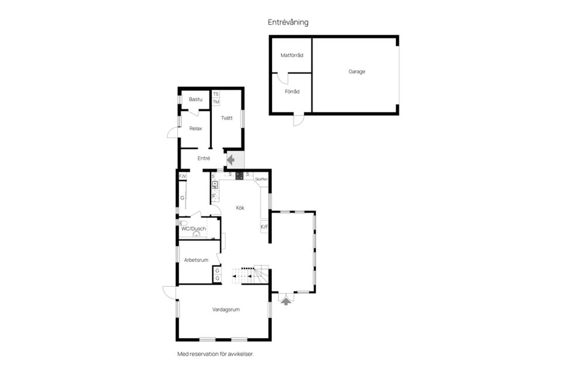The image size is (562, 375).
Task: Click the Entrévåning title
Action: pyautogui.click(x=288, y=22)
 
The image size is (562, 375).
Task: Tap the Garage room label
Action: pyautogui.click(x=357, y=71)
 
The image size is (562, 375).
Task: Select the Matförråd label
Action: pyautogui.click(x=292, y=56)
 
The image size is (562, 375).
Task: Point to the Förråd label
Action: pyautogui.click(x=292, y=91)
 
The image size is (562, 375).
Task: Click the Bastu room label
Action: pyautogui.click(x=196, y=100)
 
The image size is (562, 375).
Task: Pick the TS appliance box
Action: pyautogui.click(x=216, y=94)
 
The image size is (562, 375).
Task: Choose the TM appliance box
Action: pyautogui.click(x=216, y=102)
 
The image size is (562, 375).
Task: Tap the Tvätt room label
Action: pyautogui.click(x=227, y=118)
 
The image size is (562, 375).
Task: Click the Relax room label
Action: pyautogui.click(x=196, y=128)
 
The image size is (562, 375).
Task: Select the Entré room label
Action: pyautogui.click(x=204, y=158)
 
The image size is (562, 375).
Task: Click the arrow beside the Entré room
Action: pyautogui.click(x=230, y=159)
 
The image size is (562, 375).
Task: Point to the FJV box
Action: pyautogui.click(x=182, y=176)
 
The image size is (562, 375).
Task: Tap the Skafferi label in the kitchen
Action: pyautogui.click(x=261, y=179)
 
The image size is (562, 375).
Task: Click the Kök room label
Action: pyautogui.click(x=240, y=207)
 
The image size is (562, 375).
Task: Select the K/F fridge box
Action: pyautogui.click(x=264, y=227)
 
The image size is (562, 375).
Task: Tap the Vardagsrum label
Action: pyautogui.click(x=226, y=309)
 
